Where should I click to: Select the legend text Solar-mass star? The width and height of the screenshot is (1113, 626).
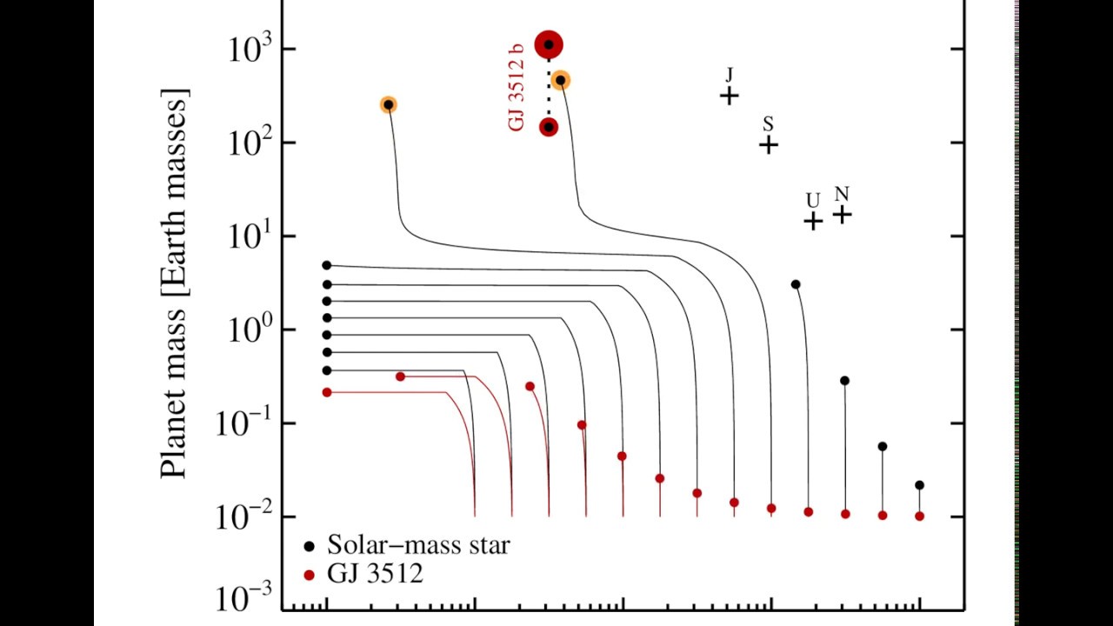[418, 546]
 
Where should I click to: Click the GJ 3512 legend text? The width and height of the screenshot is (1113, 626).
[375, 574]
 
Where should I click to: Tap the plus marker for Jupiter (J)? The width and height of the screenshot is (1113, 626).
[730, 96]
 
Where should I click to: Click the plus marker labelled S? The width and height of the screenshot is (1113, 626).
[769, 144]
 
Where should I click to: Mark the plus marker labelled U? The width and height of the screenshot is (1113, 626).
[813, 221]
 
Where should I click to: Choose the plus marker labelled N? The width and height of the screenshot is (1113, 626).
[842, 214]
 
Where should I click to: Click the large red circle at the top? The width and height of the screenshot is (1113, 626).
[549, 44]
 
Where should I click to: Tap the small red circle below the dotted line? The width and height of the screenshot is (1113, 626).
[549, 127]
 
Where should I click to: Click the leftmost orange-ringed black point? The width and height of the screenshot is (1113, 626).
[389, 104]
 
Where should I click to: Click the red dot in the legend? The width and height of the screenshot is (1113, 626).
[309, 575]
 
